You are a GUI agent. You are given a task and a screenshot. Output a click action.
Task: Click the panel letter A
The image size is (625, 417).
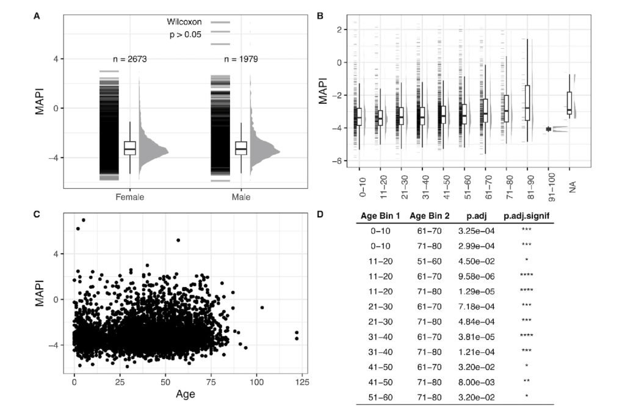pos(37,16)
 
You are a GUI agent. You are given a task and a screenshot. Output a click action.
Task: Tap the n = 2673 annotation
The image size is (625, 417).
pos(129,59)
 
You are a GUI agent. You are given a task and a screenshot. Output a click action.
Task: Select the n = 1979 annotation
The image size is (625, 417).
pos(241,59)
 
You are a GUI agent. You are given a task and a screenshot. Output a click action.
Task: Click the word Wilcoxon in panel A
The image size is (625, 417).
pos(185,22)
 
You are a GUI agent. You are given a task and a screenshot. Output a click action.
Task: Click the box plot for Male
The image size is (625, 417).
pos(241,148)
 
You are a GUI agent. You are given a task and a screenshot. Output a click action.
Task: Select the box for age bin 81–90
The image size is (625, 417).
pos(527,103)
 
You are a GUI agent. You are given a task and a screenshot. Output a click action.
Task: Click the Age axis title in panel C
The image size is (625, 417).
pos(186,394)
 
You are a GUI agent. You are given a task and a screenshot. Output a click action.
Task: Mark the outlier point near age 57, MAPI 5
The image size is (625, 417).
pos(178,240)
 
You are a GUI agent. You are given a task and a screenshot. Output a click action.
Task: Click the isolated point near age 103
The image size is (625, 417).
pos(262,307)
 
